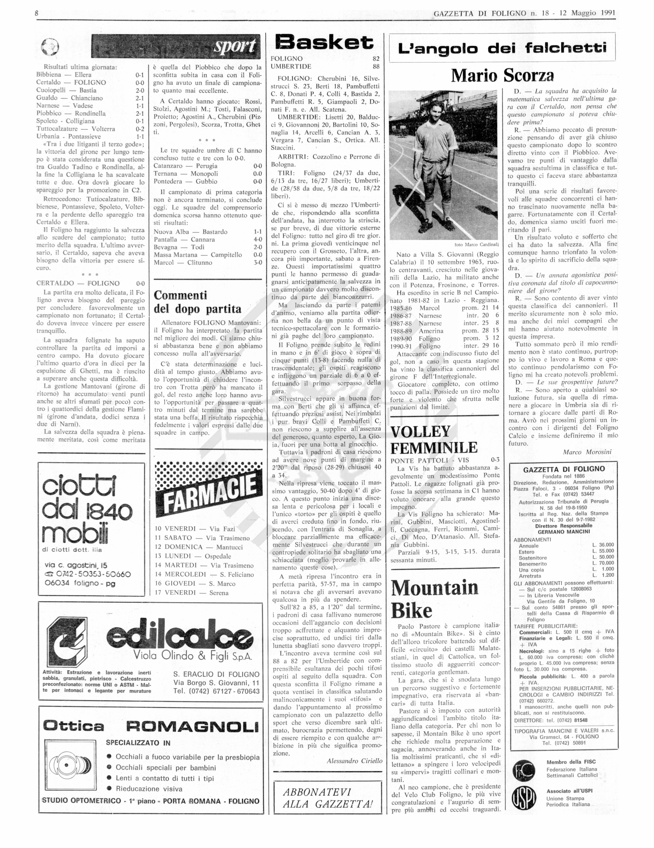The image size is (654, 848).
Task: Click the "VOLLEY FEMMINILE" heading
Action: point(434,440)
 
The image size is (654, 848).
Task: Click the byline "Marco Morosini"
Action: point(587,452)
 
